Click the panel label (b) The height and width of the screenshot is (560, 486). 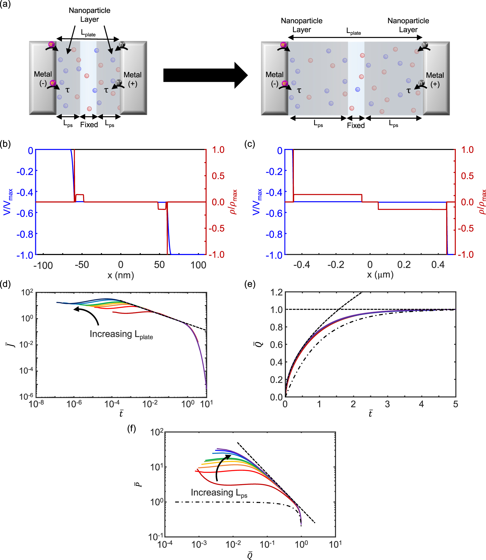(x=5, y=144)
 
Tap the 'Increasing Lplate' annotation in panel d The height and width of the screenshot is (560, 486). (x=121, y=334)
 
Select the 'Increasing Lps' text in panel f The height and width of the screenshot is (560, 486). (x=219, y=493)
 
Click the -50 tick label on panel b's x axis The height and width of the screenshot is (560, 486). (x=82, y=265)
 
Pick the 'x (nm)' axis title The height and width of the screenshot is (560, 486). (x=121, y=275)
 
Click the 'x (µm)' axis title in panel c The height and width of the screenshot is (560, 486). (x=380, y=274)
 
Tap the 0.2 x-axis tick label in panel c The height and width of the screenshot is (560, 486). (x=404, y=265)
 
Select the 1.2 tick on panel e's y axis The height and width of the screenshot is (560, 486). (x=276, y=292)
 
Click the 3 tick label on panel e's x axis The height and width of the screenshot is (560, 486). (x=387, y=404)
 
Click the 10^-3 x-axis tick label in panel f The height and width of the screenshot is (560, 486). (x=199, y=544)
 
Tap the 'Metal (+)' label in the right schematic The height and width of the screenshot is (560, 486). (x=435, y=80)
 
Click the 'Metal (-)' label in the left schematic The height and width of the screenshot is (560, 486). (x=43, y=78)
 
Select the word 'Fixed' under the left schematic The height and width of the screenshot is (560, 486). (x=89, y=125)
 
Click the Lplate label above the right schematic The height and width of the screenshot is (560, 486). (x=353, y=31)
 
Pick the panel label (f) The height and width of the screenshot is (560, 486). (x=132, y=429)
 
